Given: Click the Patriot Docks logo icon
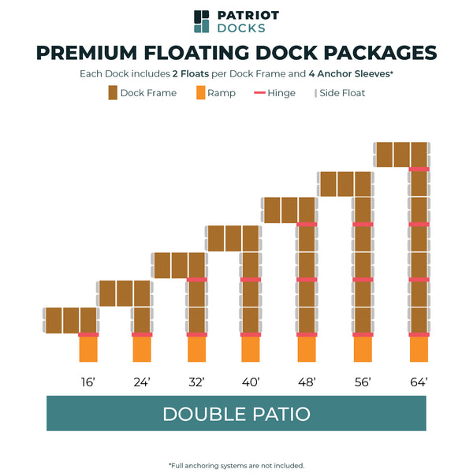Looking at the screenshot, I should (202, 22).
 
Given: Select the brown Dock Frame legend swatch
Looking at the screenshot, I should (113, 93).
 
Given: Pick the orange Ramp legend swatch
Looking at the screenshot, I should (201, 93).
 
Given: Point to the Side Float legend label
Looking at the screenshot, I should (342, 93).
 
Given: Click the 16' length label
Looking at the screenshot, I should (88, 382).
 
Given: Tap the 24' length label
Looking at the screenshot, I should (142, 382).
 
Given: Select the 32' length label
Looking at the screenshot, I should (197, 382).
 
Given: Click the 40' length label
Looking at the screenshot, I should (251, 382).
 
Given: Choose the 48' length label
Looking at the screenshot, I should (307, 382).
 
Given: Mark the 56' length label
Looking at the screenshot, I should (362, 382).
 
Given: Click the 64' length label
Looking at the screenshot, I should (418, 382).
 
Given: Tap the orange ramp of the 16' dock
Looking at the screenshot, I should (88, 349).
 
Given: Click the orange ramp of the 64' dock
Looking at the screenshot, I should (419, 349).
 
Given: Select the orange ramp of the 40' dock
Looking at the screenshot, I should (251, 349).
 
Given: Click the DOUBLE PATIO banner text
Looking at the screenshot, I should (236, 414).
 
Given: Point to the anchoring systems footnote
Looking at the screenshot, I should (236, 465).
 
